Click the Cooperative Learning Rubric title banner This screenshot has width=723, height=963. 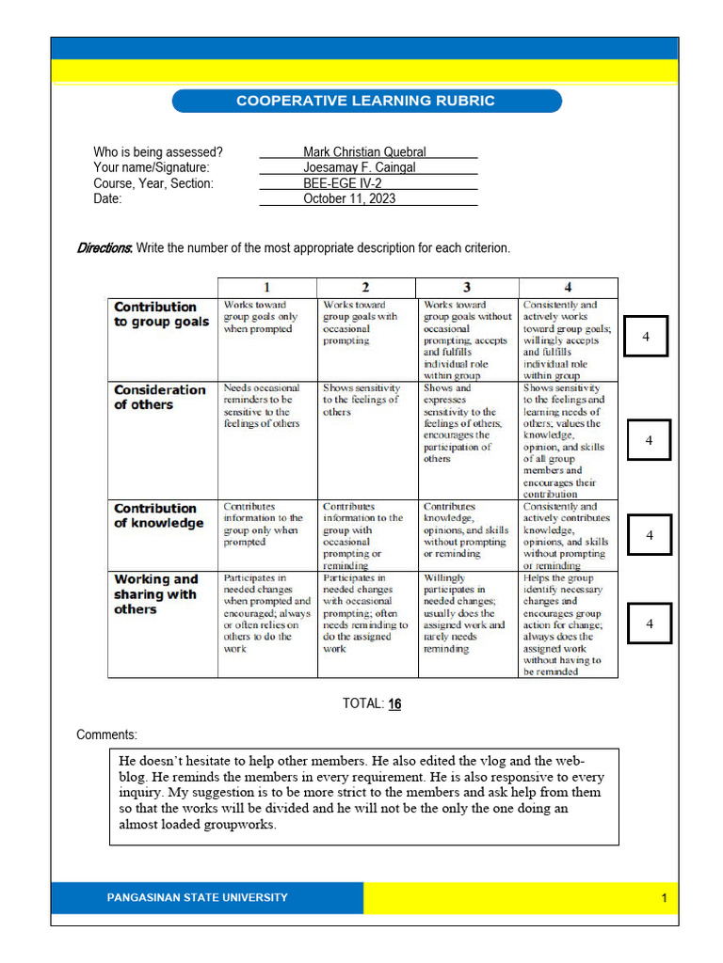(x=364, y=101)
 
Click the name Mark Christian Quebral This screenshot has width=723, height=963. (x=364, y=152)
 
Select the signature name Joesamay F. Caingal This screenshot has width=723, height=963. (x=359, y=167)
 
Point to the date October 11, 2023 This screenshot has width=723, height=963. (x=349, y=198)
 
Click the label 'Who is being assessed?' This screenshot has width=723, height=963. (x=158, y=152)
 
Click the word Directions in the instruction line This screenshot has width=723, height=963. (x=104, y=248)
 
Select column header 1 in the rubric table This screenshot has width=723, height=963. (x=266, y=288)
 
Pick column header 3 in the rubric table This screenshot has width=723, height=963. (x=466, y=288)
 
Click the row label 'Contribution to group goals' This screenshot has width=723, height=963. (x=161, y=314)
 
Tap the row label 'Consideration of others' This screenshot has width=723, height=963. (x=159, y=397)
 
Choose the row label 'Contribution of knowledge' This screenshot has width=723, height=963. (x=158, y=515)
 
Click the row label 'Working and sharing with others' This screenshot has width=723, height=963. (x=155, y=594)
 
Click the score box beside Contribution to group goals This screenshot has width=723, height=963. (x=646, y=336)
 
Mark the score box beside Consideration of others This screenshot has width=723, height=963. (x=648, y=440)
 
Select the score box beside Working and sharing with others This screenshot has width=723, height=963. (x=648, y=623)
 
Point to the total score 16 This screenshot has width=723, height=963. (x=394, y=703)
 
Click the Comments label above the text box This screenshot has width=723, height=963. (x=106, y=734)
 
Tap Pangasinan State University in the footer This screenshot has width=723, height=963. (x=197, y=897)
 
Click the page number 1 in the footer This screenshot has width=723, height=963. (x=664, y=898)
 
